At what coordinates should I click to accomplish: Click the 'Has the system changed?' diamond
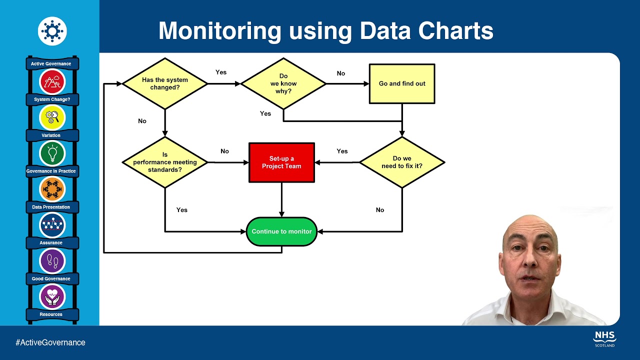pyautogui.click(x=164, y=83)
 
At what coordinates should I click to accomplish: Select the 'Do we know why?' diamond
pyautogui.click(x=283, y=83)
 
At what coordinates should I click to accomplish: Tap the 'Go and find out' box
pyautogui.click(x=402, y=83)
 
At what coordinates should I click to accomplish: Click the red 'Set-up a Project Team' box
pyautogui.click(x=281, y=162)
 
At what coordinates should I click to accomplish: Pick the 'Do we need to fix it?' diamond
pyautogui.click(x=402, y=162)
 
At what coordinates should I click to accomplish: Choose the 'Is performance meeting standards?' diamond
pyautogui.click(x=164, y=162)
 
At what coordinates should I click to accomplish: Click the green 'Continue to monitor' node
pyautogui.click(x=281, y=231)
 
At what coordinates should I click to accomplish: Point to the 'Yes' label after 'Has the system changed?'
pyautogui.click(x=221, y=72)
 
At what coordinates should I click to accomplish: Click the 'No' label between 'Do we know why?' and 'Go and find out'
pyautogui.click(x=341, y=73)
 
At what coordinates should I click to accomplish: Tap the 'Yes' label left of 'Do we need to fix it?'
pyautogui.click(x=342, y=151)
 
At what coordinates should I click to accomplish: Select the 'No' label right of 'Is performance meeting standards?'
pyautogui.click(x=224, y=151)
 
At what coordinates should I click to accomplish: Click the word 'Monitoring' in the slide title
pyautogui.click(x=220, y=31)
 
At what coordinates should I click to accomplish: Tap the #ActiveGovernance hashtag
pyautogui.click(x=50, y=342)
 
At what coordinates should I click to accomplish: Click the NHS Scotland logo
pyautogui.click(x=604, y=338)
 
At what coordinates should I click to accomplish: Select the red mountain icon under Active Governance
pyautogui.click(x=52, y=81)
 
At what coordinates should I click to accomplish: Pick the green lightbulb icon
pyautogui.click(x=52, y=153)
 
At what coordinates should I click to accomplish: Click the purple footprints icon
pyautogui.click(x=52, y=260)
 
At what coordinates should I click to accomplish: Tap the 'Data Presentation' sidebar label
pyautogui.click(x=51, y=207)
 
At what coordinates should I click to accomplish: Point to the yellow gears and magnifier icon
pyautogui.click(x=52, y=117)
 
